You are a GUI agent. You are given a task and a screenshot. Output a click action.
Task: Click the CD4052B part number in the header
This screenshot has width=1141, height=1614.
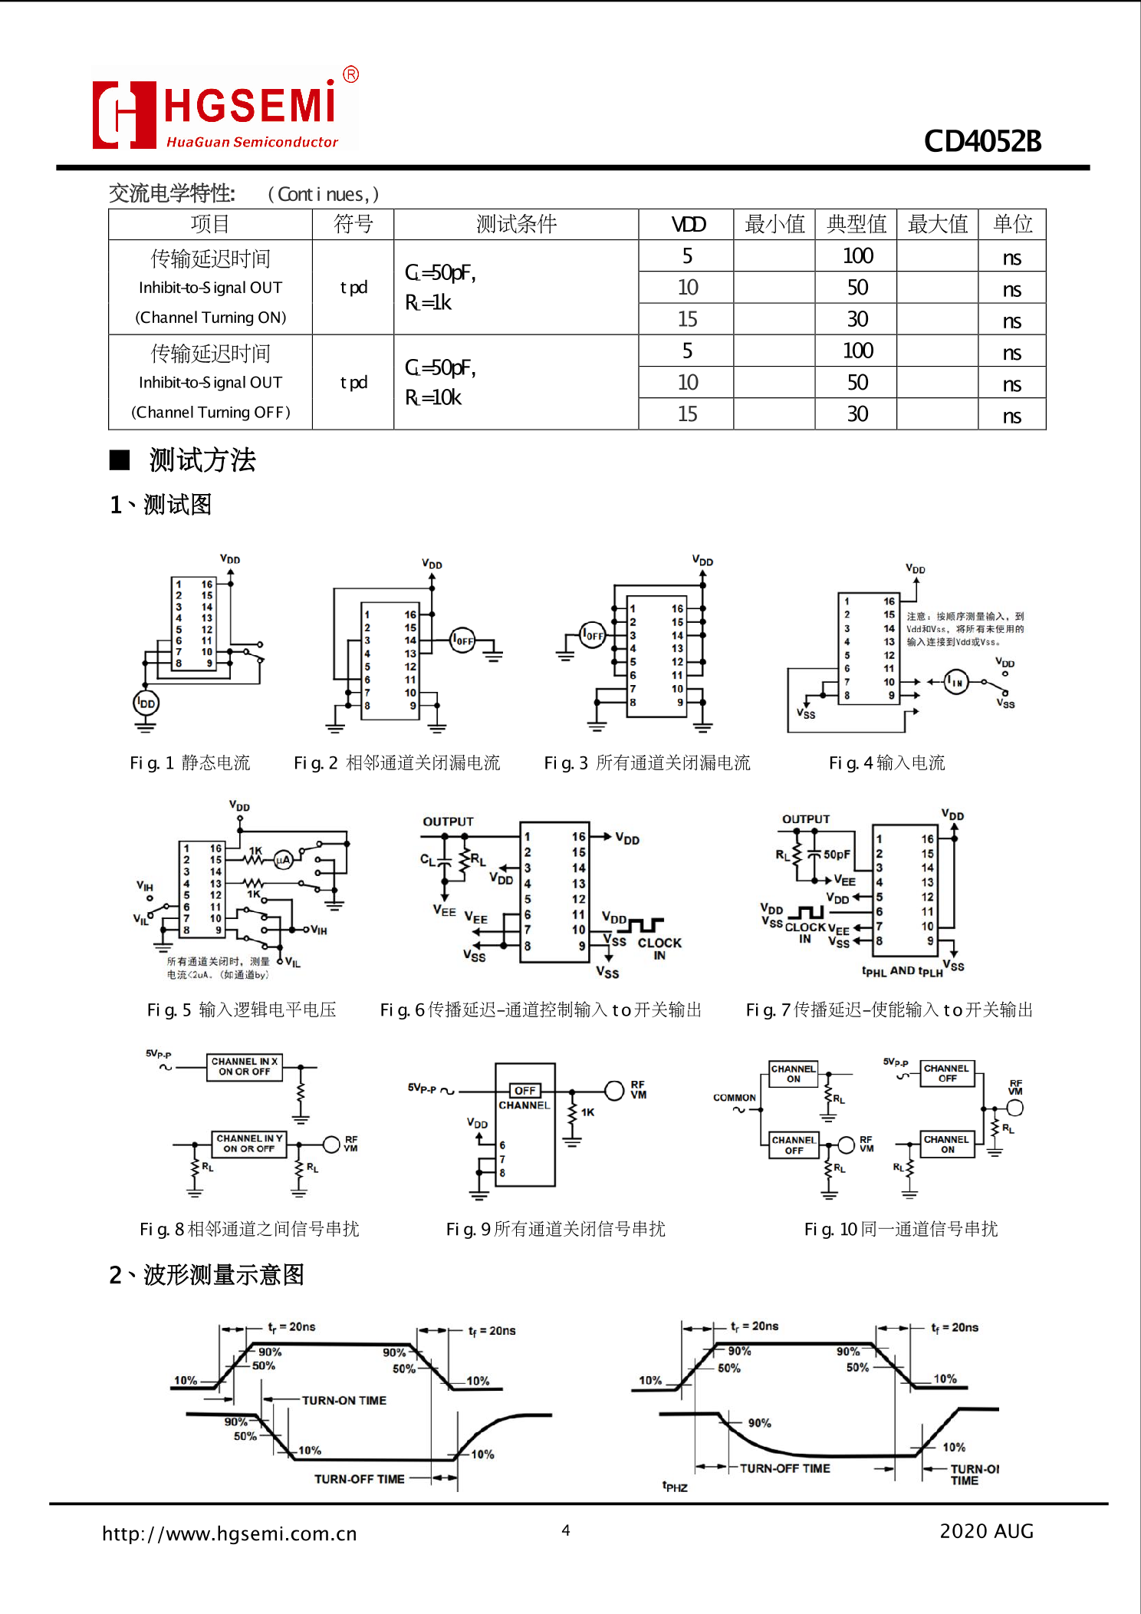tap(982, 141)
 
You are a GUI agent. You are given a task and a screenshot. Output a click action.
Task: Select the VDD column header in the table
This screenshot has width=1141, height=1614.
tap(687, 224)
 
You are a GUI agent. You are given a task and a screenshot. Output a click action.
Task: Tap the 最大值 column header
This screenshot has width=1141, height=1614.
tap(937, 224)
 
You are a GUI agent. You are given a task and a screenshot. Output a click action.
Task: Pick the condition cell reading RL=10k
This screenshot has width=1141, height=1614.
tap(432, 397)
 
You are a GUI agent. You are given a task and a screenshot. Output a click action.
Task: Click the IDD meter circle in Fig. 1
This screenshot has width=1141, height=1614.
tap(146, 703)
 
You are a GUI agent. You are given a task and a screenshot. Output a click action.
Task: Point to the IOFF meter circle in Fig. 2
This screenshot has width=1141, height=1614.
tap(462, 640)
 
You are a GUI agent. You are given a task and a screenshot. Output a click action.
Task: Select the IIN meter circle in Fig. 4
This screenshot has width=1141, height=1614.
tap(955, 682)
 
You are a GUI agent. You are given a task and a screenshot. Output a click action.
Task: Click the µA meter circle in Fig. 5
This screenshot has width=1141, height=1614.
tap(283, 860)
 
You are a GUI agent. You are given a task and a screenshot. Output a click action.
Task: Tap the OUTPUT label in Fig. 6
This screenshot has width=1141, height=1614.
tap(448, 822)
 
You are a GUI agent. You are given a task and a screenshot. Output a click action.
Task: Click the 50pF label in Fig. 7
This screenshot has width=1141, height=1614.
tap(837, 855)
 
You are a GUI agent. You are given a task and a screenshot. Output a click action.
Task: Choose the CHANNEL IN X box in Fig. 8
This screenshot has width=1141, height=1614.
tap(245, 1066)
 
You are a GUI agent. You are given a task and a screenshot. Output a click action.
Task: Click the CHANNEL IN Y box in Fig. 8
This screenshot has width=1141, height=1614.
tap(249, 1144)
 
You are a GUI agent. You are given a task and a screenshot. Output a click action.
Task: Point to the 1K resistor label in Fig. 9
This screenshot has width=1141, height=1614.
tap(587, 1112)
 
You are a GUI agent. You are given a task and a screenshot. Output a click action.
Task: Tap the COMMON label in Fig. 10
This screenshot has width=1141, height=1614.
tap(734, 1098)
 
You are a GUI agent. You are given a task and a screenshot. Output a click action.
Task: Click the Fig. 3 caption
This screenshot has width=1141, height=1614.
tap(646, 763)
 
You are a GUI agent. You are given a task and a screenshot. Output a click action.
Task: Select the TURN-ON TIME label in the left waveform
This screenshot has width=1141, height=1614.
tap(344, 1401)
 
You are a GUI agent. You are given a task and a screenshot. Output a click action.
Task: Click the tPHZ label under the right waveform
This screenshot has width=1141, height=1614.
tap(675, 1487)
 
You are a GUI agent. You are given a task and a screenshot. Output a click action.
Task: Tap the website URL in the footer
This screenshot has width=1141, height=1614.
tap(229, 1533)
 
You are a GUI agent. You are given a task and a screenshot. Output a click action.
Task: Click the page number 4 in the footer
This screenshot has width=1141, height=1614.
tap(566, 1530)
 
